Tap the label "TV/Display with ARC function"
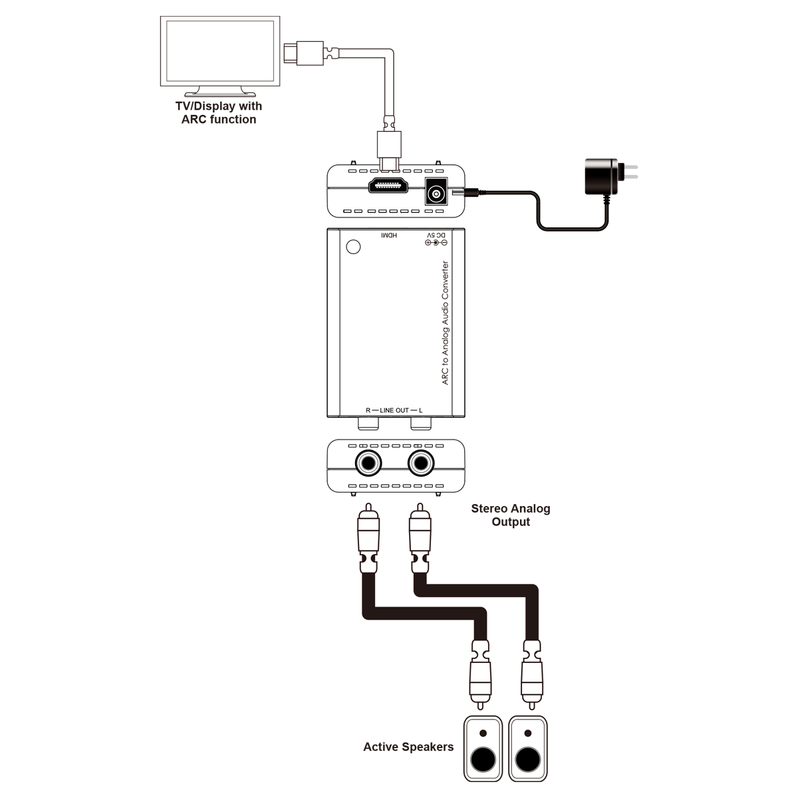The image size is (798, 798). coord(219,112)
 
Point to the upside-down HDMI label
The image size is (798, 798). coord(388,236)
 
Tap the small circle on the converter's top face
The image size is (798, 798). coord(354,247)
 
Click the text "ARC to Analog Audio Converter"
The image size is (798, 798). coord(446,323)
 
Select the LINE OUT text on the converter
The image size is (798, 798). coord(394,410)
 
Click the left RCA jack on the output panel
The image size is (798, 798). coord(368,462)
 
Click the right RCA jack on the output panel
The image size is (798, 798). coord(421,462)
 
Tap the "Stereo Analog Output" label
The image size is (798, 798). coord(511,515)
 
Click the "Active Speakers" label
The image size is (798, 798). coord(408,747)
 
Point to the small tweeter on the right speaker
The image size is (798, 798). coord(528,733)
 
